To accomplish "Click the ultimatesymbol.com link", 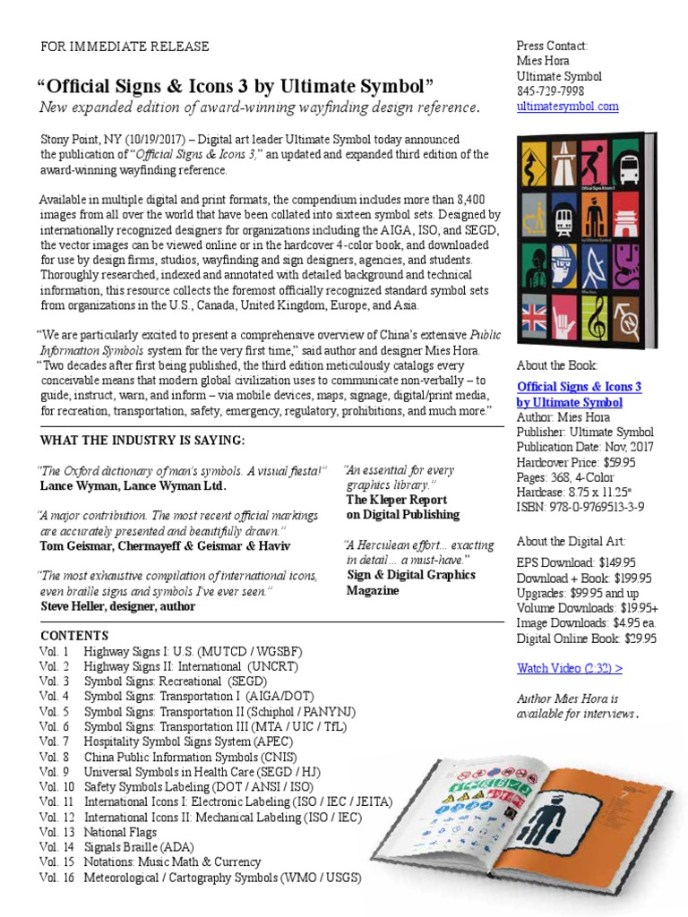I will tap(567, 107).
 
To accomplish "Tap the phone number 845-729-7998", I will tap(550, 91).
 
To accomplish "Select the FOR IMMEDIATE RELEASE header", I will tap(125, 47).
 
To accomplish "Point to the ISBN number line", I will tap(580, 507).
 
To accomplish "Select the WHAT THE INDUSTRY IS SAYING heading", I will tap(142, 441).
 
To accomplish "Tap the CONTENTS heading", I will tap(74, 636).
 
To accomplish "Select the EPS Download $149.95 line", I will tap(576, 562).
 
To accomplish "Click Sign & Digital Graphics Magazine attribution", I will tap(410, 583).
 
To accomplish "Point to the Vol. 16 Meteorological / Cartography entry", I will tap(200, 878).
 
